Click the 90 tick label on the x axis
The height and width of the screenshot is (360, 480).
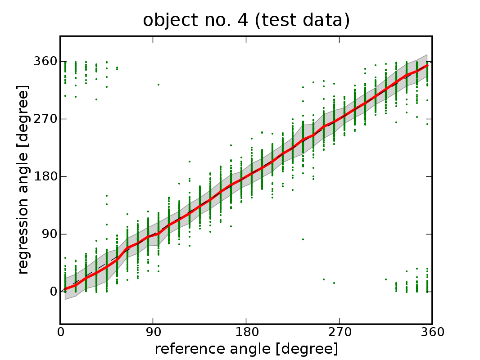pos(154,333)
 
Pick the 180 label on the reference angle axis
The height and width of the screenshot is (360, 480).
pos(246,333)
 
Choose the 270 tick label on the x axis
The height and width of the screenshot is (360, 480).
pos(340,333)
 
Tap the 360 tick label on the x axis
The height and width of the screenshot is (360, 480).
pos(432,333)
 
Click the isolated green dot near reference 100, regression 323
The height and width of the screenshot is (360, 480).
pos(158,84)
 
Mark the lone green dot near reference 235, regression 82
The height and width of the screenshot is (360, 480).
pos(303,239)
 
